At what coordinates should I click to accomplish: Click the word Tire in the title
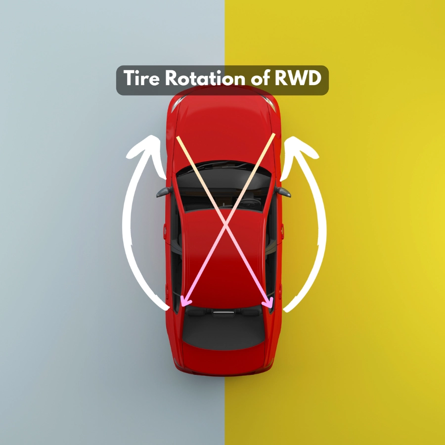point(140,79)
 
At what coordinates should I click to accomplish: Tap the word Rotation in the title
point(202,79)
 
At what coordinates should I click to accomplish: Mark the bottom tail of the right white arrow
point(287,309)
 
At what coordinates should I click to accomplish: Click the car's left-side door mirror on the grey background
point(164,192)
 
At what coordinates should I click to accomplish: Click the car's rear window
point(223,329)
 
